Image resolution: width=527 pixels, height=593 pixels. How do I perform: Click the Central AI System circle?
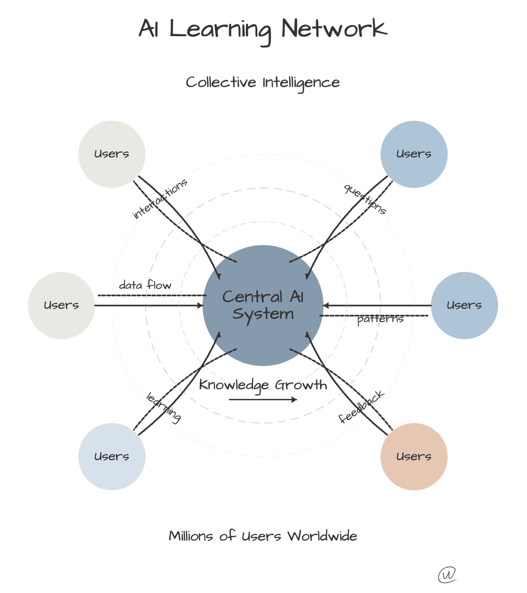pyautogui.click(x=263, y=306)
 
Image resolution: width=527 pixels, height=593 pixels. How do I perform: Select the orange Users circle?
pyautogui.click(x=414, y=456)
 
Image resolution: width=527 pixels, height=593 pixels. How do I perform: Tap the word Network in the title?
pyautogui.click(x=334, y=29)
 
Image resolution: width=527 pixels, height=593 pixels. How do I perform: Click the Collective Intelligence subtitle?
pyautogui.click(x=263, y=82)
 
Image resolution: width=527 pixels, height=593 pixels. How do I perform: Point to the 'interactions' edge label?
pyautogui.click(x=160, y=199)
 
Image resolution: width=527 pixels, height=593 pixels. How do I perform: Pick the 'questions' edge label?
pyautogui.click(x=365, y=199)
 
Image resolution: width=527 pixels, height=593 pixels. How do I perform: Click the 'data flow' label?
pyautogui.click(x=145, y=286)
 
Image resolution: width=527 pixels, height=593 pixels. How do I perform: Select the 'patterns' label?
pyautogui.click(x=380, y=319)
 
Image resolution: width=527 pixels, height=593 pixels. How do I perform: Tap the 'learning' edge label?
pyautogui.click(x=164, y=407)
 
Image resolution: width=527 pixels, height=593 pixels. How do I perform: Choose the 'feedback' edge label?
pyautogui.click(x=361, y=407)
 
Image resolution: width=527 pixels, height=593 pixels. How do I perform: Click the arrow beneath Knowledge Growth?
pyautogui.click(x=263, y=399)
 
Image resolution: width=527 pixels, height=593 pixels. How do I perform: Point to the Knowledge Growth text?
pyautogui.click(x=263, y=385)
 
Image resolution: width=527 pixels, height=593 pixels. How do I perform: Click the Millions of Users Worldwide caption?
pyautogui.click(x=263, y=536)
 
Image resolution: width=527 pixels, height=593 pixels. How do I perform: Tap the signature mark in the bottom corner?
pyautogui.click(x=447, y=575)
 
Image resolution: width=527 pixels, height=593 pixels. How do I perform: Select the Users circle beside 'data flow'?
pyautogui.click(x=61, y=306)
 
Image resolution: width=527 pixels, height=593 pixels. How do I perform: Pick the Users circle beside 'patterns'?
pyautogui.click(x=464, y=306)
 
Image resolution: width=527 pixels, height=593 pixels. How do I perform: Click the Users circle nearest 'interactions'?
pyautogui.click(x=112, y=154)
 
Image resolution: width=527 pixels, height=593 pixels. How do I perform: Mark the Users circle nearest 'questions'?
pyautogui.click(x=414, y=154)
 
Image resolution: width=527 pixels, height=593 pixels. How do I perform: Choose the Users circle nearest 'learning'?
pyautogui.click(x=112, y=456)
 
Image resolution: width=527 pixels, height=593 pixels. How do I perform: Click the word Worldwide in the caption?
pyautogui.click(x=322, y=536)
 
